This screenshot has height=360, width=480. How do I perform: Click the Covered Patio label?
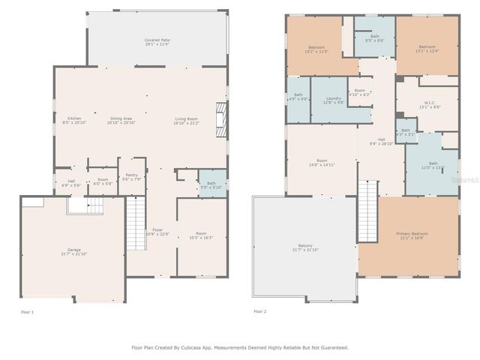[x=157, y=41]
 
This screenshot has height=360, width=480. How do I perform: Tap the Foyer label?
[x=157, y=231]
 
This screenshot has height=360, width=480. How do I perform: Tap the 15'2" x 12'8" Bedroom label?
[x=317, y=49]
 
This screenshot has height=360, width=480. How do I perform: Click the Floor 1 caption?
[x=27, y=311]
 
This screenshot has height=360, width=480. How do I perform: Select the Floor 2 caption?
[x=259, y=311]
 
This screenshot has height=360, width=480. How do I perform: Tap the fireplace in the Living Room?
[x=220, y=119]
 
